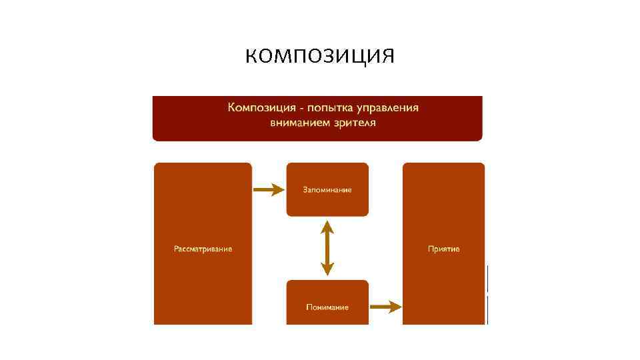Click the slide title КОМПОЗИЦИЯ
tap(319, 55)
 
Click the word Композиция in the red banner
tap(257, 108)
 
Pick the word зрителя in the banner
tap(353, 123)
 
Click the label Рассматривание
tap(203, 249)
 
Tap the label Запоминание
tap(327, 190)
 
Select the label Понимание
tap(327, 307)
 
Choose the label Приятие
tap(443, 249)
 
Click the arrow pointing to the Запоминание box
tap(268, 190)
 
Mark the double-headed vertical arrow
tap(327, 248)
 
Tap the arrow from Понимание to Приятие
tap(385, 307)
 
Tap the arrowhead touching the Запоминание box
tap(278, 190)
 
